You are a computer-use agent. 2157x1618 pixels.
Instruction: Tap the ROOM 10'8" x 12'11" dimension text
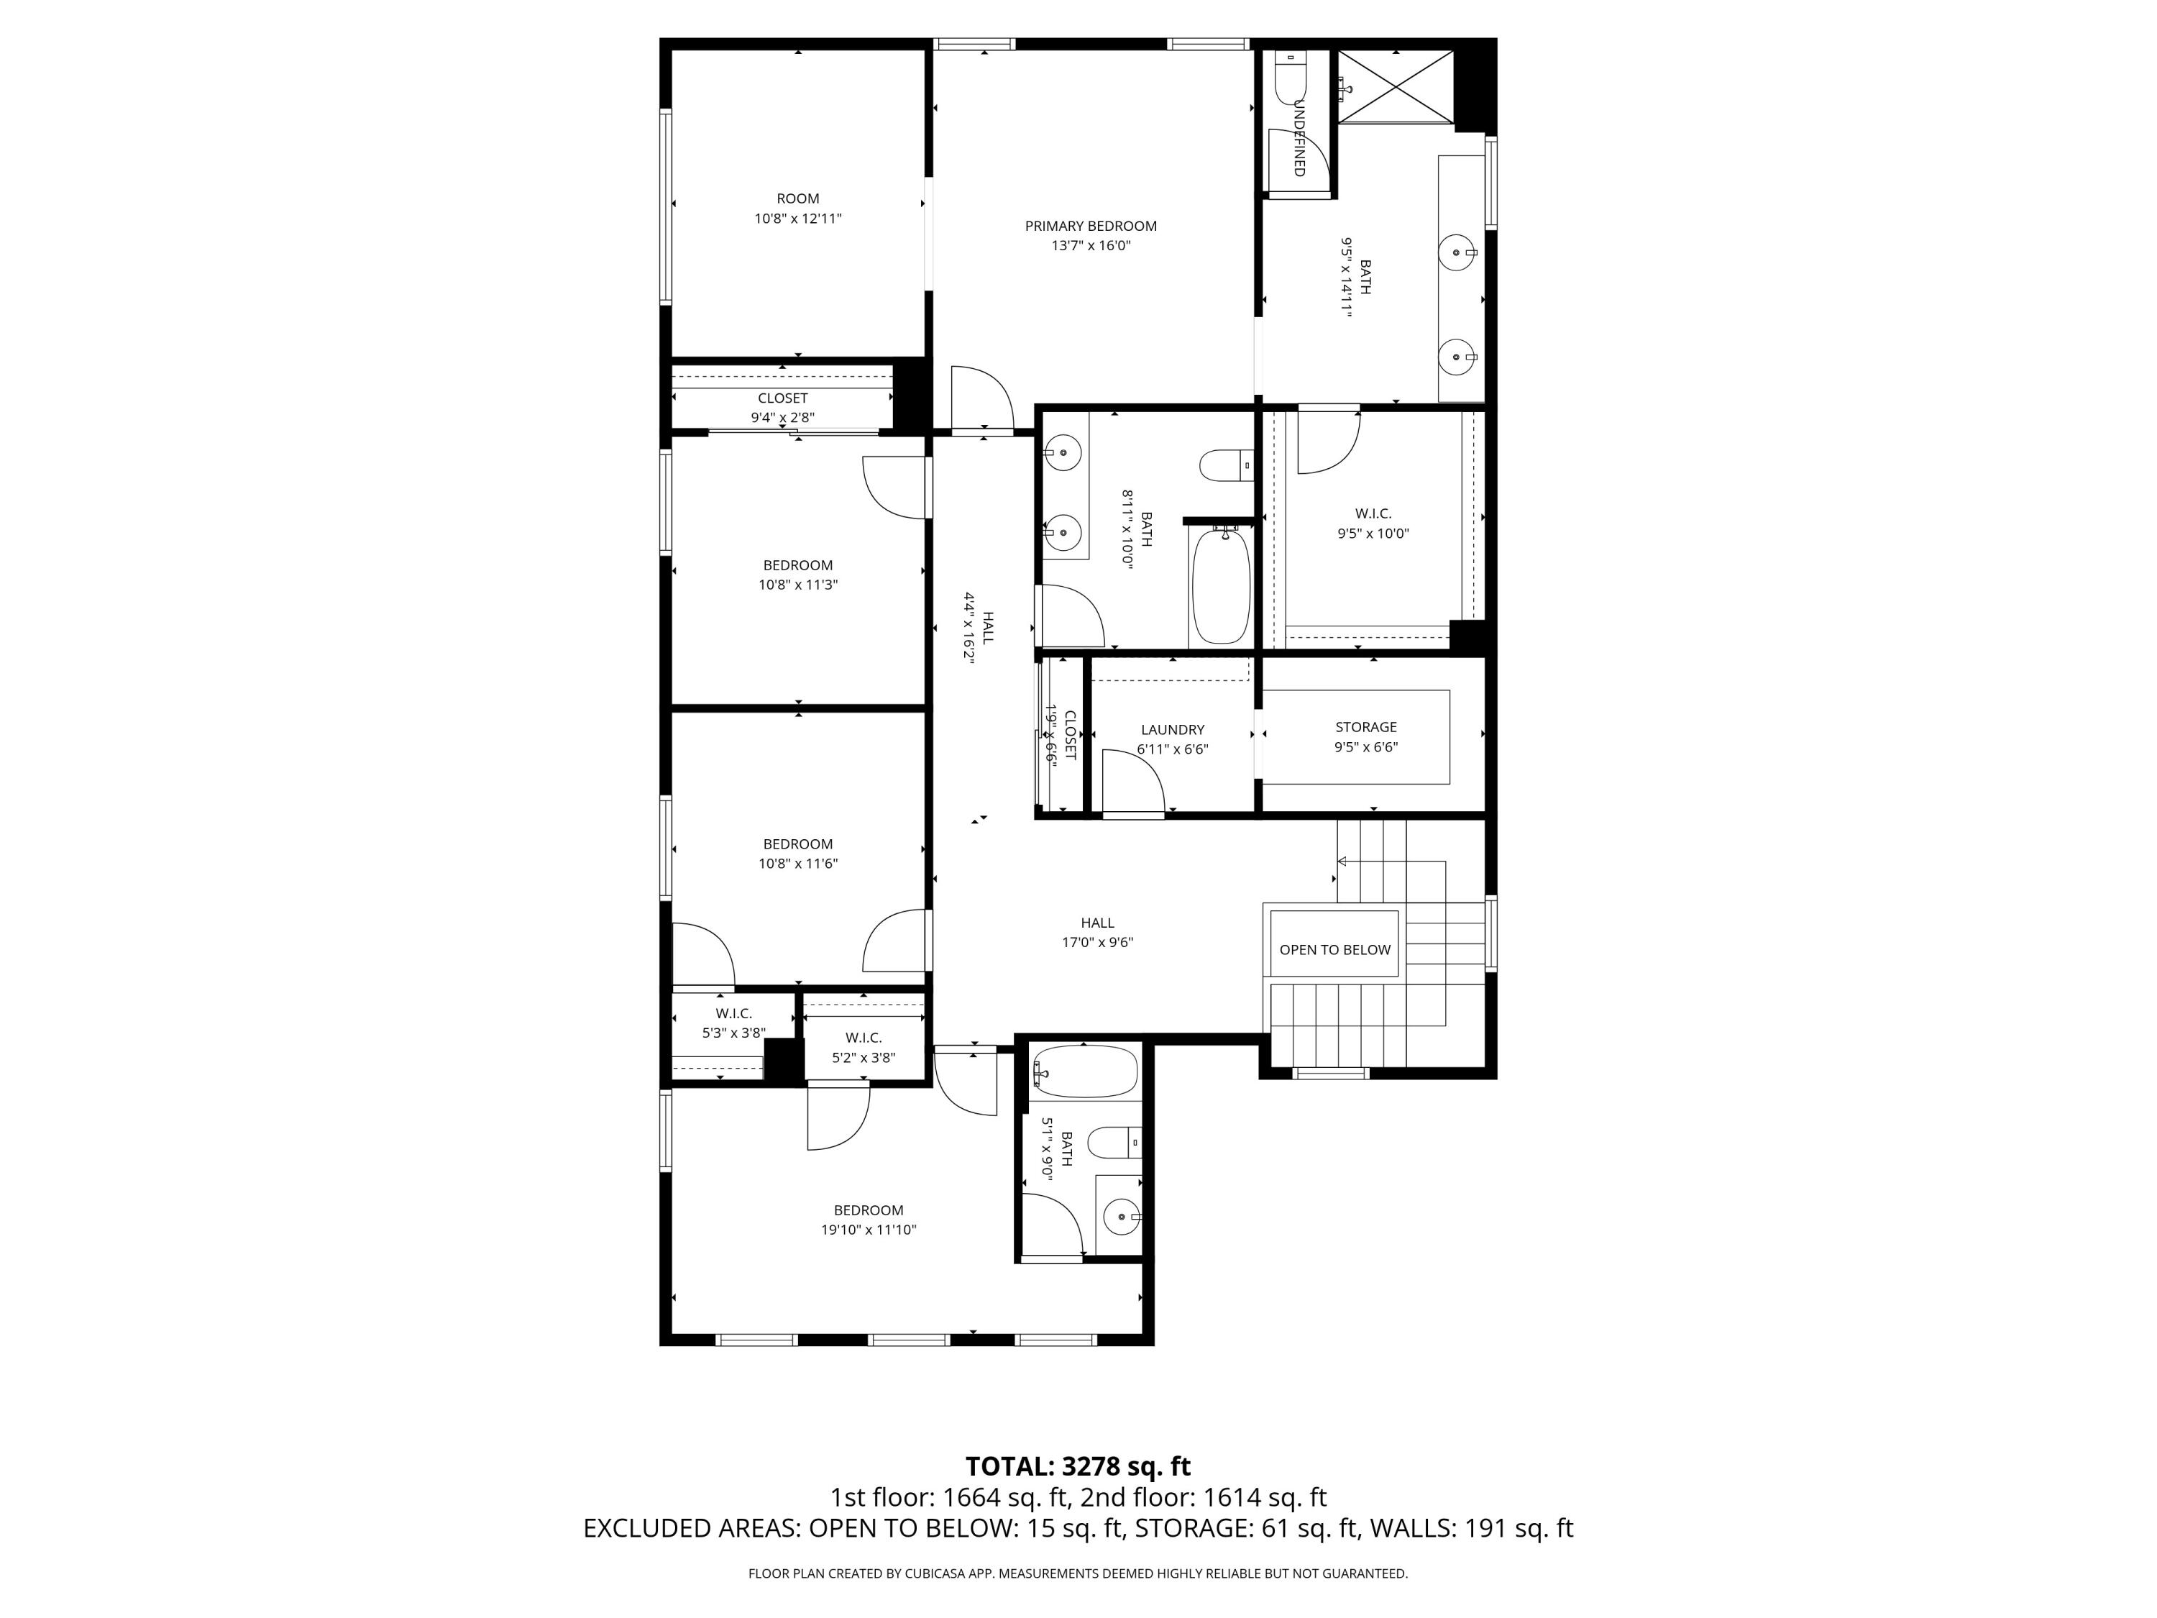797,219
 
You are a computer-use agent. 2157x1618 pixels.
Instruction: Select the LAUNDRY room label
1172,729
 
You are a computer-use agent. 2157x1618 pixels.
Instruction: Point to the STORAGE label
1365,726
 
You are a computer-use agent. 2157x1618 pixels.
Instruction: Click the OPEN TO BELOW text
1335,950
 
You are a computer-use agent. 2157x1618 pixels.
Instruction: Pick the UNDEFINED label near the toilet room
1299,137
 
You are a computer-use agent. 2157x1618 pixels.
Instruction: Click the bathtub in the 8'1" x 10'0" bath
1221,585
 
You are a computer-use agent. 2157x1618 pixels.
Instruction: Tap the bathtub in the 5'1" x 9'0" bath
1085,1071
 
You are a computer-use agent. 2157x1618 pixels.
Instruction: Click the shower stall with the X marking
1396,87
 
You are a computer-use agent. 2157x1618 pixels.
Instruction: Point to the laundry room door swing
1134,781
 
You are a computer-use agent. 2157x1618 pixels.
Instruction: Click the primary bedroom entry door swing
983,397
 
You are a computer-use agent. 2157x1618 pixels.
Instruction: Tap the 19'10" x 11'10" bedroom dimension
868,1230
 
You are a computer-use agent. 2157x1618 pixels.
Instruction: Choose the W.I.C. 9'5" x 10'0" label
1373,524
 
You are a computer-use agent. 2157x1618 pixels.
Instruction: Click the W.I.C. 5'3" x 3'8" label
733,1023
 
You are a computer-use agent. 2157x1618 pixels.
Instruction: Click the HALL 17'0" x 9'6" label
1097,933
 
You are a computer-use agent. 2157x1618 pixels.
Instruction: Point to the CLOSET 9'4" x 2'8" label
782,408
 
